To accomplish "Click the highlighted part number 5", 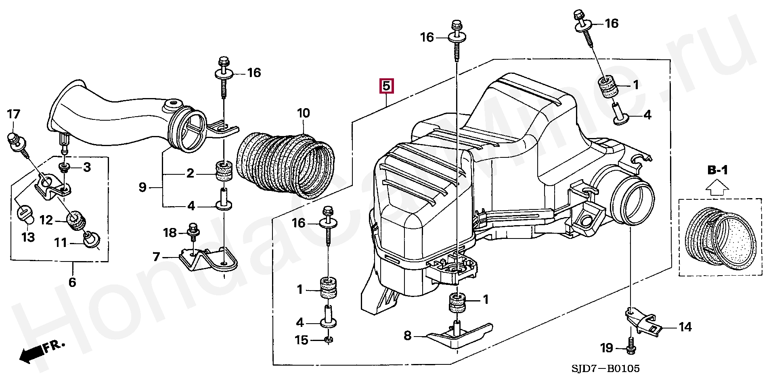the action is pos(386,86).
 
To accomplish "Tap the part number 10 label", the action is pos(304,113).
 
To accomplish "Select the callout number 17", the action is pos(13,114).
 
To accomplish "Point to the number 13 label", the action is pos(28,237).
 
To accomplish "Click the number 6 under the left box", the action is pos(72,282).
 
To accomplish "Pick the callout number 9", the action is pos(142,187).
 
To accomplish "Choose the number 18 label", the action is pos(170,232).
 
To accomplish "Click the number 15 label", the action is pos(302,340).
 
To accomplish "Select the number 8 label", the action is pos(408,335).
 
